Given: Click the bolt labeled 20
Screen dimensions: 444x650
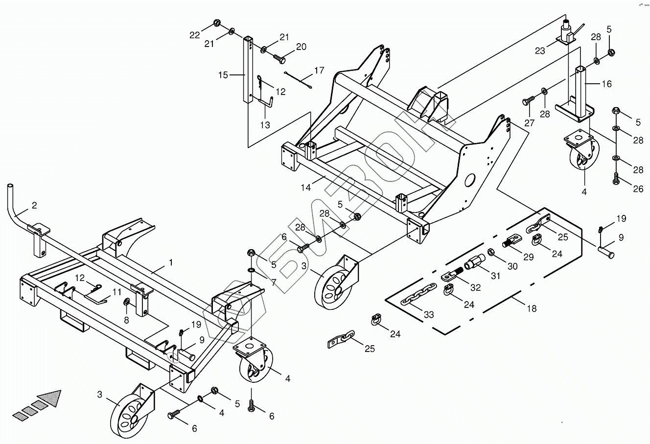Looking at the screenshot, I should point(279,58).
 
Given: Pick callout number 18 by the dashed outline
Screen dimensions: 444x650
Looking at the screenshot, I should point(532,308).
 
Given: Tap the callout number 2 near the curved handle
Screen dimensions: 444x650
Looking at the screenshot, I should point(34,206).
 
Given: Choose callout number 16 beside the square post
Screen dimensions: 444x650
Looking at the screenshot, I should point(606,84).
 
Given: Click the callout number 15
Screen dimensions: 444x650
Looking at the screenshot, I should point(223,75).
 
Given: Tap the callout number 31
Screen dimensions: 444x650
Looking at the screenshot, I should point(496,276).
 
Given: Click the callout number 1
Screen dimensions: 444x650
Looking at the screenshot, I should point(170,263).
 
